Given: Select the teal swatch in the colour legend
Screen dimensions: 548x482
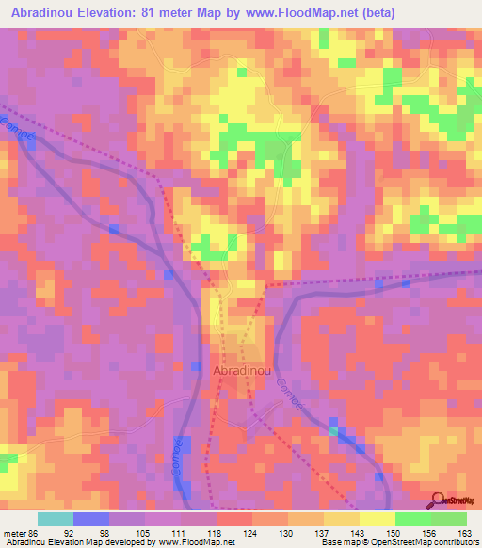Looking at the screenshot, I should (x=55, y=519).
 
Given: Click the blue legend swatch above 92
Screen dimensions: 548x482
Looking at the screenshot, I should (x=90, y=519).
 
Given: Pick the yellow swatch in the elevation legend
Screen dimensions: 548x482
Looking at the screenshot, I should (x=377, y=519).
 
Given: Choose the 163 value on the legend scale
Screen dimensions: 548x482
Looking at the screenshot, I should (x=464, y=533).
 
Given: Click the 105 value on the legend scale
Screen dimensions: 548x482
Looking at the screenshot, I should (x=144, y=533).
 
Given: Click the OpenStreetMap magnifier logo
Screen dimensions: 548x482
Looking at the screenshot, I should (x=437, y=501).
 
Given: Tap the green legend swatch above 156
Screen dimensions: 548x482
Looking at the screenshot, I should (x=412, y=519).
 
